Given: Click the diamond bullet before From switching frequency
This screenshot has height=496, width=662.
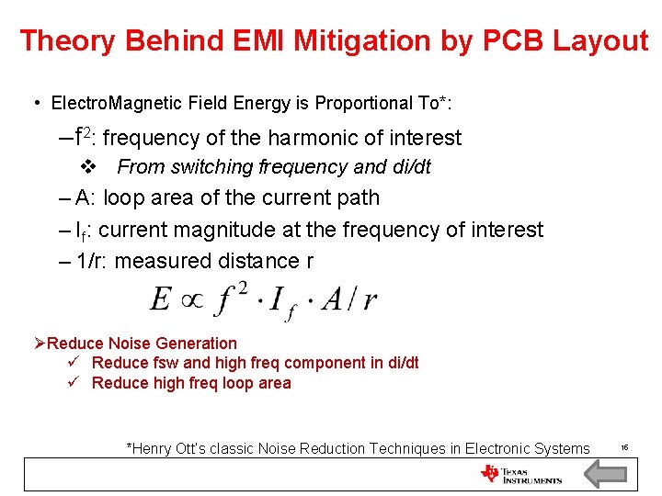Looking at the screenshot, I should click(x=89, y=167).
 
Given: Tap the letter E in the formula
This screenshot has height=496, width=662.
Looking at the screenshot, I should click(x=161, y=300).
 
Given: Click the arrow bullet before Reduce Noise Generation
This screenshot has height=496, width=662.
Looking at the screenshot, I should click(x=40, y=344).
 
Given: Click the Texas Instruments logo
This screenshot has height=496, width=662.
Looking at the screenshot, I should click(x=520, y=474).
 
